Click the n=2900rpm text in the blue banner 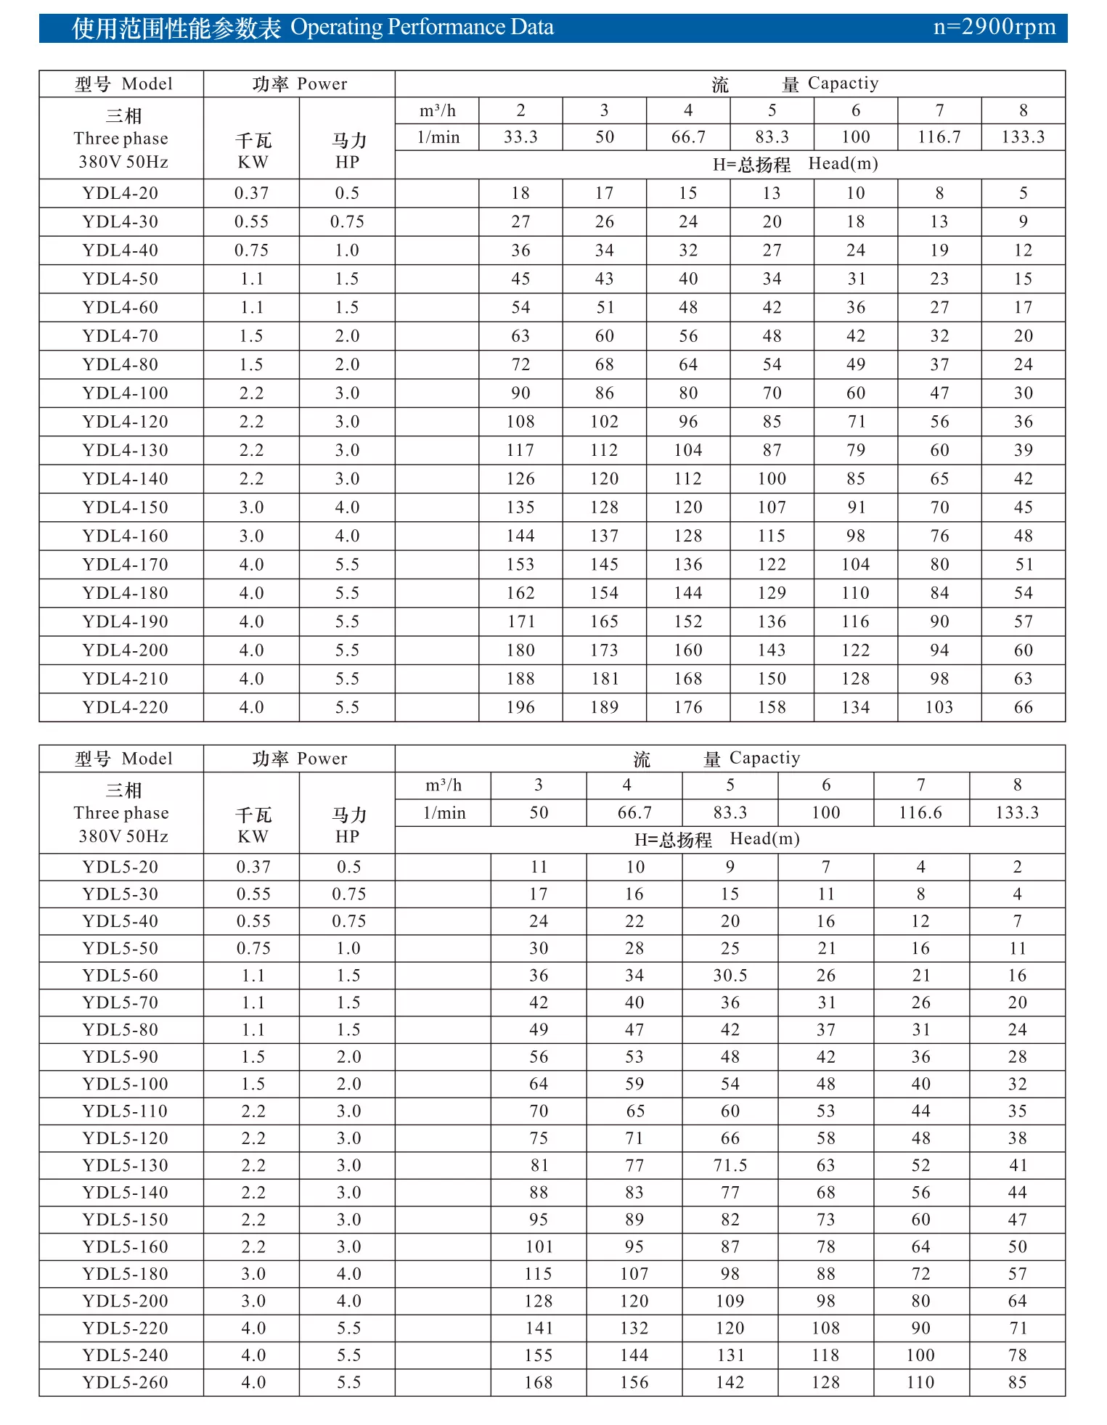(994, 28)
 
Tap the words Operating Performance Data (422, 28)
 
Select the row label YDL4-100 (125, 393)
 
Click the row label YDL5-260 (125, 1382)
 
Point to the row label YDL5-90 (120, 1057)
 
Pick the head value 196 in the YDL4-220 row (520, 707)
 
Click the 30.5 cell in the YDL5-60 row (730, 976)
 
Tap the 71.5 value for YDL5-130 (730, 1166)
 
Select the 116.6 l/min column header (920, 813)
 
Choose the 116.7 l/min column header (939, 137)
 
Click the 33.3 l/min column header (520, 137)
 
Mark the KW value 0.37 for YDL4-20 (251, 194)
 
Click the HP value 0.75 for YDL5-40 (348, 921)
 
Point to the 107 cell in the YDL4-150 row (772, 507)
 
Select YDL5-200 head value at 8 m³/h (1017, 1301)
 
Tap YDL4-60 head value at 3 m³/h (604, 308)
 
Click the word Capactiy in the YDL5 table (764, 759)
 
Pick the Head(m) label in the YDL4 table (843, 164)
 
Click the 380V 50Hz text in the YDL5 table (123, 837)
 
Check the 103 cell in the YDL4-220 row (939, 707)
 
